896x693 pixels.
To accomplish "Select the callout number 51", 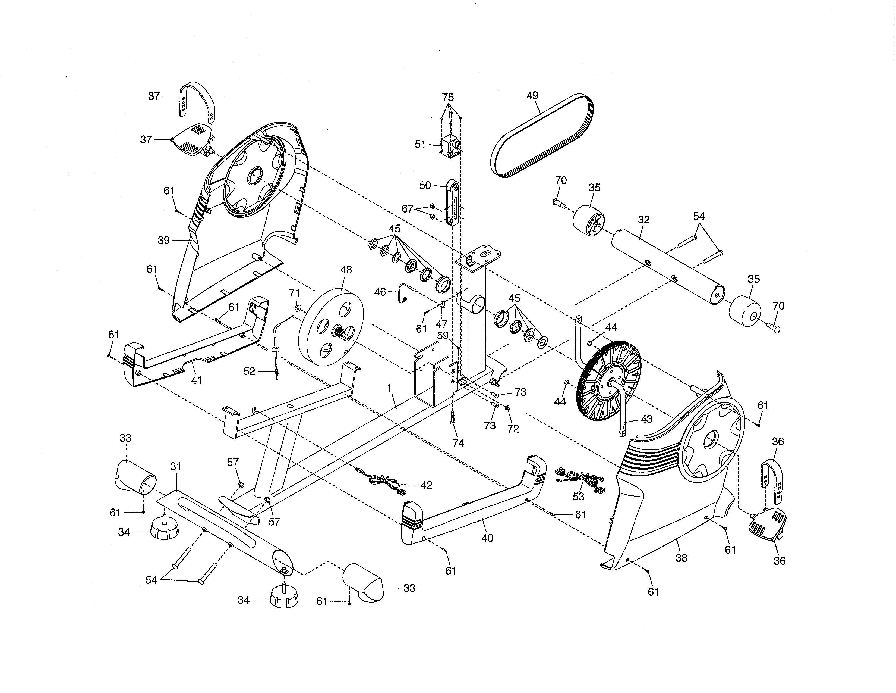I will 420,145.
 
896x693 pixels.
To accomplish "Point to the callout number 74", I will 458,443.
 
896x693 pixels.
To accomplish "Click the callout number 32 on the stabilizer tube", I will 644,220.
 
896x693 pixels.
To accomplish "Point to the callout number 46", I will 380,292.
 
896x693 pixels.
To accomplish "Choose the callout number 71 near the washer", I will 294,293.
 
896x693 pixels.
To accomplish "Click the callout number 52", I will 249,371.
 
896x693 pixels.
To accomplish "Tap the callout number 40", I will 487,538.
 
